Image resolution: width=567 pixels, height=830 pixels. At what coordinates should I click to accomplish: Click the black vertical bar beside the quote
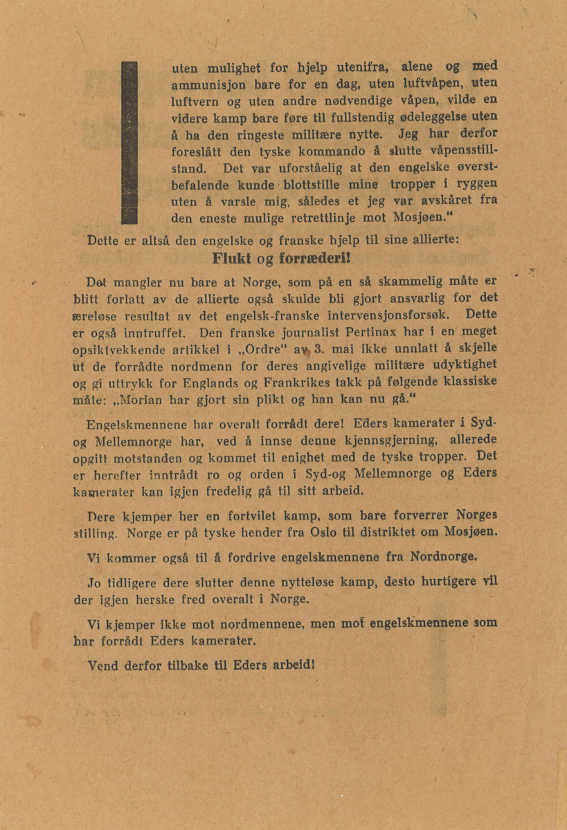(129, 142)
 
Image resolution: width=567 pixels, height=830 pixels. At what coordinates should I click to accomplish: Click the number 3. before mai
(318, 347)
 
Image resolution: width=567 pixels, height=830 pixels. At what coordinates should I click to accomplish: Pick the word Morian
(151, 400)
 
